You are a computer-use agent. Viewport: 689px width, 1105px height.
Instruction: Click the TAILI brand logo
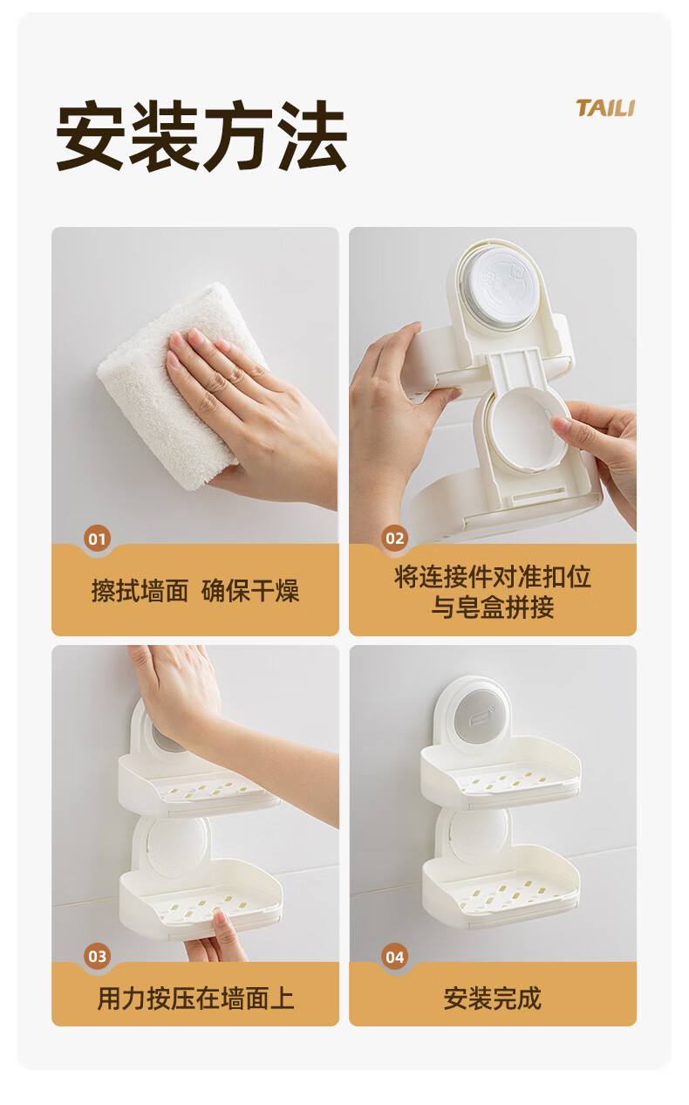[x=605, y=108]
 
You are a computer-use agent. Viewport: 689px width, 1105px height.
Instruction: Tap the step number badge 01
[x=97, y=539]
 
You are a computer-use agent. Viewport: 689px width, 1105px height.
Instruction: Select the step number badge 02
[x=395, y=539]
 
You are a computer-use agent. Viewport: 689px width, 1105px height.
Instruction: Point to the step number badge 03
[x=97, y=957]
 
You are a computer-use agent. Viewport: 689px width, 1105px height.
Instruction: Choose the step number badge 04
[x=395, y=957]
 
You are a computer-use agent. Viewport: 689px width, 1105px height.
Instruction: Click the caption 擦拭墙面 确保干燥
[x=195, y=591]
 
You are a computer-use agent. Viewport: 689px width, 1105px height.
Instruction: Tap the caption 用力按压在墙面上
[x=195, y=999]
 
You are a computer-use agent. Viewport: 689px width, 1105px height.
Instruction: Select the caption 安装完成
[x=493, y=999]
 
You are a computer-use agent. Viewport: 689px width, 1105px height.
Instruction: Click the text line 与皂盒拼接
[x=493, y=607]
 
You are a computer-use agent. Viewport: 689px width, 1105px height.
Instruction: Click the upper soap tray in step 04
[x=501, y=772]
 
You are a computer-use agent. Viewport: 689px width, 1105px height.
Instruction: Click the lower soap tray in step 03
[x=201, y=903]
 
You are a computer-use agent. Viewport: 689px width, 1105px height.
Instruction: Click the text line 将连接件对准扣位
[x=493, y=576]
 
